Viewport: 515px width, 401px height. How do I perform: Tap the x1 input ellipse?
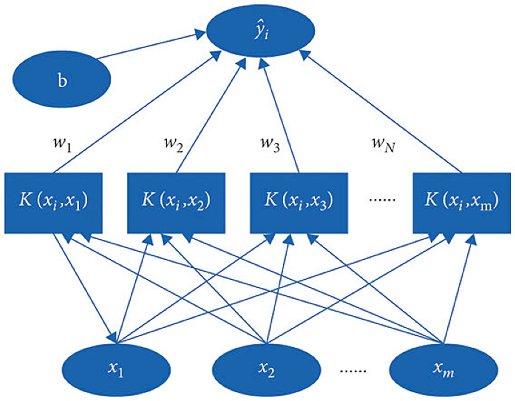[x=116, y=369]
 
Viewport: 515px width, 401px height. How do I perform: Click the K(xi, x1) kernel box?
[x=53, y=203]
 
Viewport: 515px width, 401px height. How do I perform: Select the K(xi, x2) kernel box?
[x=176, y=203]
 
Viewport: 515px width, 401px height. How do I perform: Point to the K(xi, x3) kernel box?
[x=299, y=203]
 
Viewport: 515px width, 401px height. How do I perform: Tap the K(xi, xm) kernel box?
[x=462, y=203]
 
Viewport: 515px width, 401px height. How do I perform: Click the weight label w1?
[x=63, y=143]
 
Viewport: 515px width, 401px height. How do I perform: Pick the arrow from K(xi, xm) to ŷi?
[x=382, y=113]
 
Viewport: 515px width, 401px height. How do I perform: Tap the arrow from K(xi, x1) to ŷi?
[x=135, y=113]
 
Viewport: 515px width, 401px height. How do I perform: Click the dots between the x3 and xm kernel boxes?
[x=382, y=200]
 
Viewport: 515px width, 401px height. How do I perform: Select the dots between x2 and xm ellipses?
[x=353, y=370]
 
